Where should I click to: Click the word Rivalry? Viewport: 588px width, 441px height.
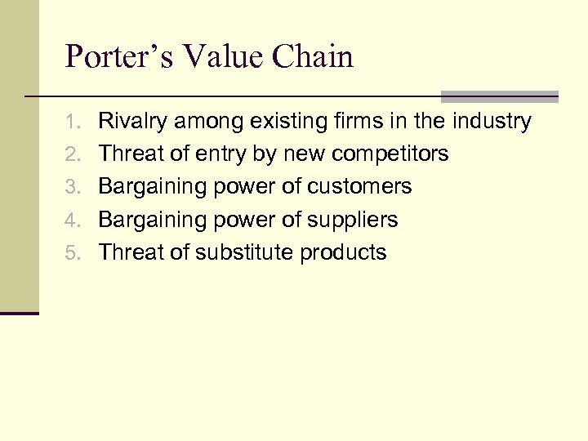tap(130, 122)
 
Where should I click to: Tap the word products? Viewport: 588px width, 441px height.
tap(343, 252)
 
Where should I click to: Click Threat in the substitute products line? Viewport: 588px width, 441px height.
tap(133, 252)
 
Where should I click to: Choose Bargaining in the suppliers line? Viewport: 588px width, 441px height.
tap(153, 220)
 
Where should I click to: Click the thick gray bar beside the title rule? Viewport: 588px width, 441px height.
tap(499, 96)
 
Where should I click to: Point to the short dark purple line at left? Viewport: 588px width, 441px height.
tap(19, 314)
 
